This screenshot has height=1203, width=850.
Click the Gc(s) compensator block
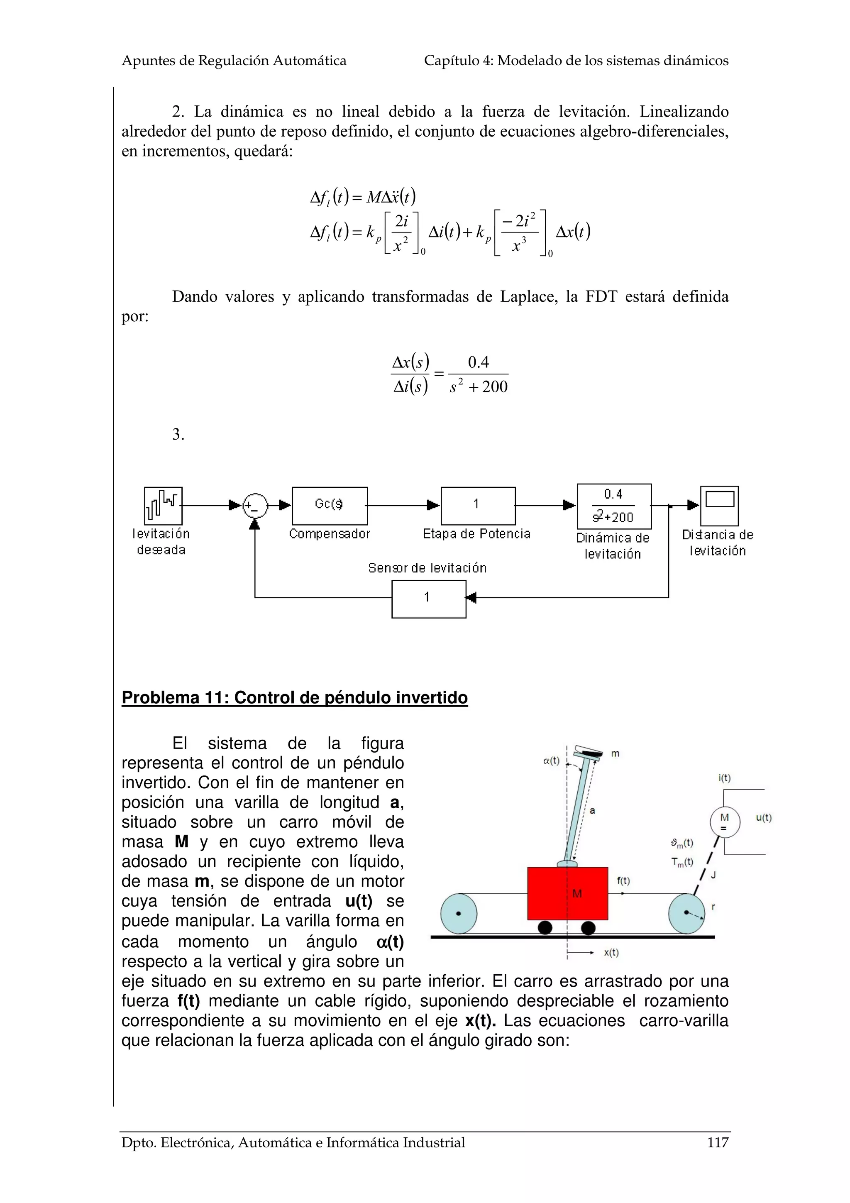pos(330,505)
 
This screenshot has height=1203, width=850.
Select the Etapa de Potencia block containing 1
pos(478,505)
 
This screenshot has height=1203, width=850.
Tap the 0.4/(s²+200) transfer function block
pos(614,506)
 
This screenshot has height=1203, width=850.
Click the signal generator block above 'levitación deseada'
pos(163,506)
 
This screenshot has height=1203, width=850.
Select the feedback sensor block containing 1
pos(428,597)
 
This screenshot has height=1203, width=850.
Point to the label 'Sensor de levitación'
pos(427,568)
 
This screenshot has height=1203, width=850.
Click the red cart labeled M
pos(567,893)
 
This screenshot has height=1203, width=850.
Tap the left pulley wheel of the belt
pos(459,913)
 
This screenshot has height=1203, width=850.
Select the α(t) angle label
pos(551,761)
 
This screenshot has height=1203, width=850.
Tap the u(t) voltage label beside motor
pos(764,817)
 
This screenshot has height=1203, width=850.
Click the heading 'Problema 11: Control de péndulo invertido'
pos(294,698)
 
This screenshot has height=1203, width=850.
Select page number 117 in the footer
pos(718,1143)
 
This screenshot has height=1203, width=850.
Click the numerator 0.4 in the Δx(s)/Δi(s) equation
pos(478,362)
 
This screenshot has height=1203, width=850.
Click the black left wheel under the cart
pos(545,928)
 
